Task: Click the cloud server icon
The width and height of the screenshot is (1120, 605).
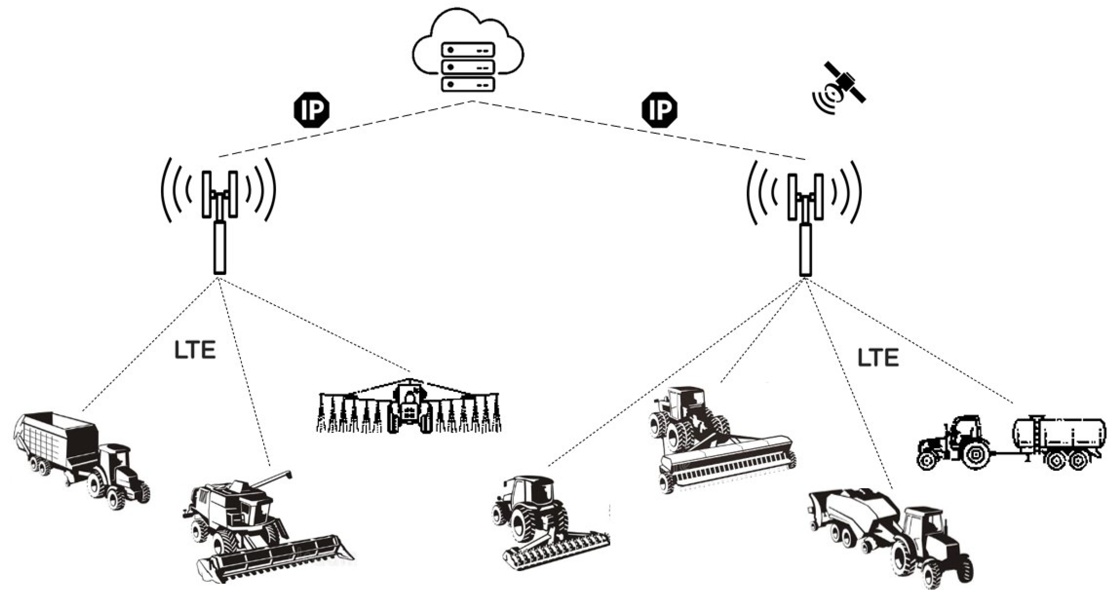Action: pyautogui.click(x=468, y=52)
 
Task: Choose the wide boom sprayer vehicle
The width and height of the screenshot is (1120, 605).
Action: pyautogui.click(x=409, y=408)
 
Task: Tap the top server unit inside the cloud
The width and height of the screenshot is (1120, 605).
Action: pyautogui.click(x=468, y=50)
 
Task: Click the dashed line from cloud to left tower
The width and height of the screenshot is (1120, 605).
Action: pyautogui.click(x=348, y=129)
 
